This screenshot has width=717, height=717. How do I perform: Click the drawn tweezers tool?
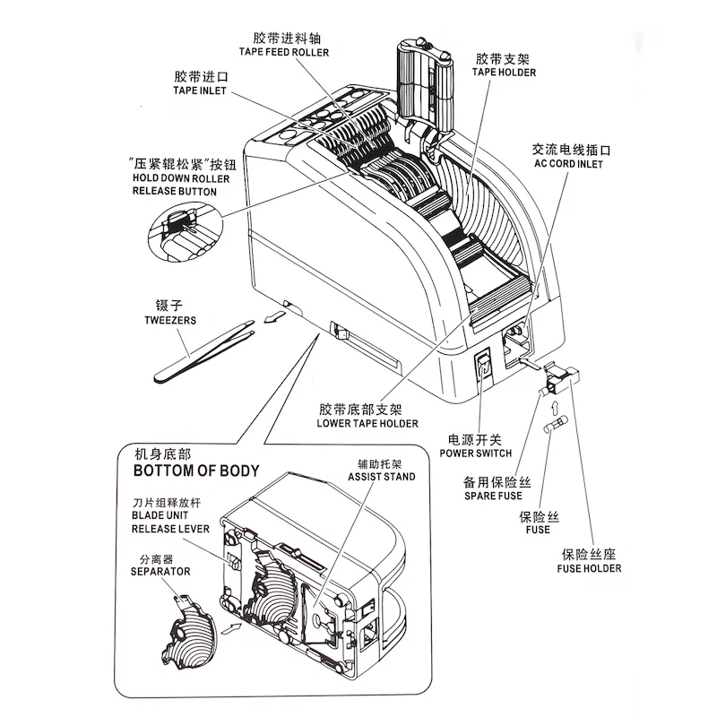coord(201,353)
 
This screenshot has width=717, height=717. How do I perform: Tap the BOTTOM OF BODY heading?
coord(195,470)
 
